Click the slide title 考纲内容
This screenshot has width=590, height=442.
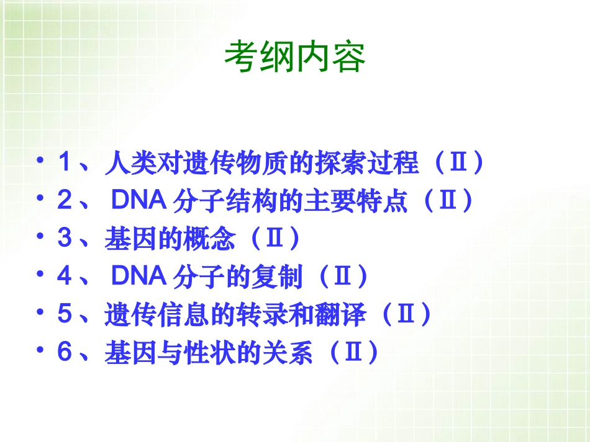(294, 58)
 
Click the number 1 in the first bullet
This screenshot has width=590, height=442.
(65, 164)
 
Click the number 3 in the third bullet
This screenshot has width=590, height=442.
(65, 239)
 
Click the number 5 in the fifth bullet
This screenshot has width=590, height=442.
(65, 314)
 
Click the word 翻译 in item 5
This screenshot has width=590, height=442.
(345, 314)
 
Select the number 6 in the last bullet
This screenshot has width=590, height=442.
(65, 352)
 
